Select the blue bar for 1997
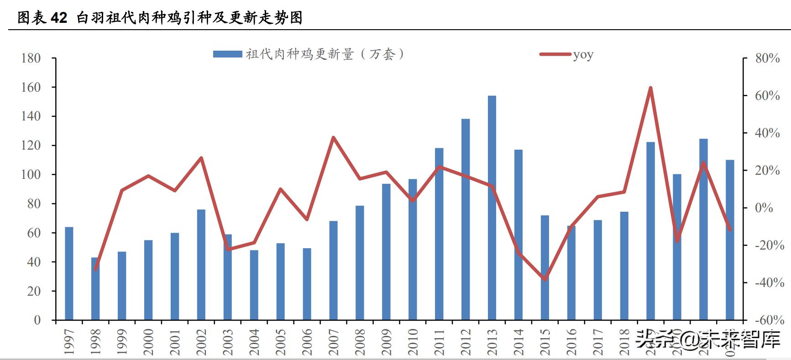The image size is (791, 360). coord(69,273)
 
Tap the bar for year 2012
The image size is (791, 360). coord(466,219)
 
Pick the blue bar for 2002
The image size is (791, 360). coord(201,265)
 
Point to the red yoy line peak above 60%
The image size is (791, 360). coord(650,88)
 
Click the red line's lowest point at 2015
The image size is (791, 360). coord(545,279)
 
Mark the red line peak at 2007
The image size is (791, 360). coord(333,137)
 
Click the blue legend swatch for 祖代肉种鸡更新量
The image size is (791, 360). coord(227,54)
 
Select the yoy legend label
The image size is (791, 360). coord(583,55)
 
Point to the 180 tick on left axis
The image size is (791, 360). coord(31,58)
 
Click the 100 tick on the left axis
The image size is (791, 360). coord(31,175)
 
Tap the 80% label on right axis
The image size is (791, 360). coord(767,58)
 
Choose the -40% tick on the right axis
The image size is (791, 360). coord(769,283)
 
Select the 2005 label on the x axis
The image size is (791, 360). coord(281,342)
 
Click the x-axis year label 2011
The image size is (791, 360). coord(439,342)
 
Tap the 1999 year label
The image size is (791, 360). coord(122,342)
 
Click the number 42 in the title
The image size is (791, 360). coord(58,18)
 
